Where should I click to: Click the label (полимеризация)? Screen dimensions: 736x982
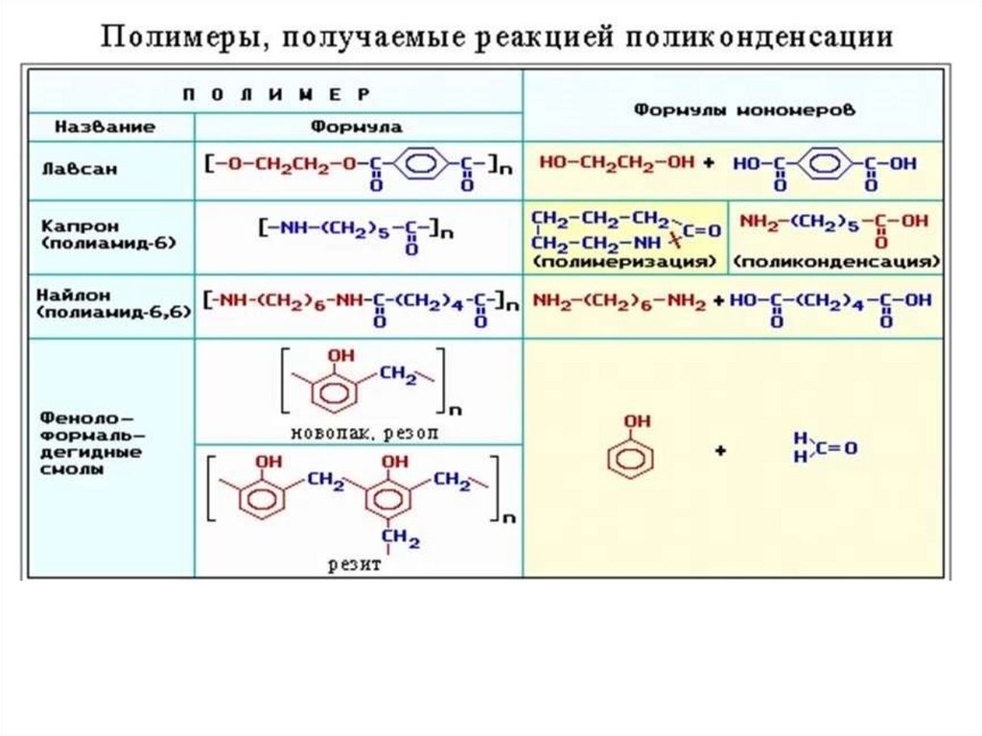coord(625,261)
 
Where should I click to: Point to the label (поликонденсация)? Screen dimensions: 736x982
coord(837,261)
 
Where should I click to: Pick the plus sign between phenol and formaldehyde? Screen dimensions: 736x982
coord(719,450)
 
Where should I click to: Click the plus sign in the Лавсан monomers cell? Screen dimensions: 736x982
coord(709,164)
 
